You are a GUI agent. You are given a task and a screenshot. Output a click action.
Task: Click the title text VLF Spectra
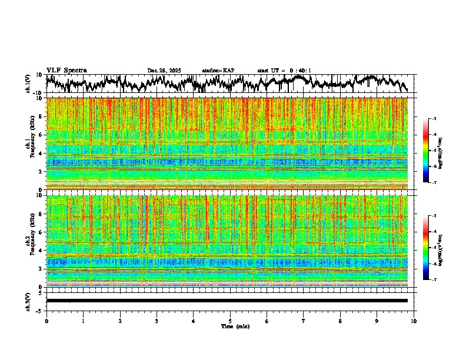coord(66,70)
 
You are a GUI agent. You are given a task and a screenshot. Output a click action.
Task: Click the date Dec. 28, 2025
coord(164,71)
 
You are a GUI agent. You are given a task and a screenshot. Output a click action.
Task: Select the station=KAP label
coord(218,71)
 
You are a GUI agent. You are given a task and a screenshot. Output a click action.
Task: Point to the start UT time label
coord(284,71)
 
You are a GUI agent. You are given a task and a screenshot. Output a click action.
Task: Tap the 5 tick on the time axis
coord(230,321)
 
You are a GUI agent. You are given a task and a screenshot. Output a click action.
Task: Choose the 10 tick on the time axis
coord(414,321)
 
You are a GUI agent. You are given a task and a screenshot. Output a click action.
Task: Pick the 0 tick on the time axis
coord(46,321)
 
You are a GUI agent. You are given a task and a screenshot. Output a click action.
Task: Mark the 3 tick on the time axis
coord(157,321)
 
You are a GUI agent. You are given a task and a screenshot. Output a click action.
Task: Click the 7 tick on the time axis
coord(304,321)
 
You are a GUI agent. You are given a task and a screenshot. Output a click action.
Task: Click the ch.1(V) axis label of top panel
coord(28,84)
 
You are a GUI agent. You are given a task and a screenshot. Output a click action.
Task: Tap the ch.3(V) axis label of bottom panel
coord(28,301)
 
